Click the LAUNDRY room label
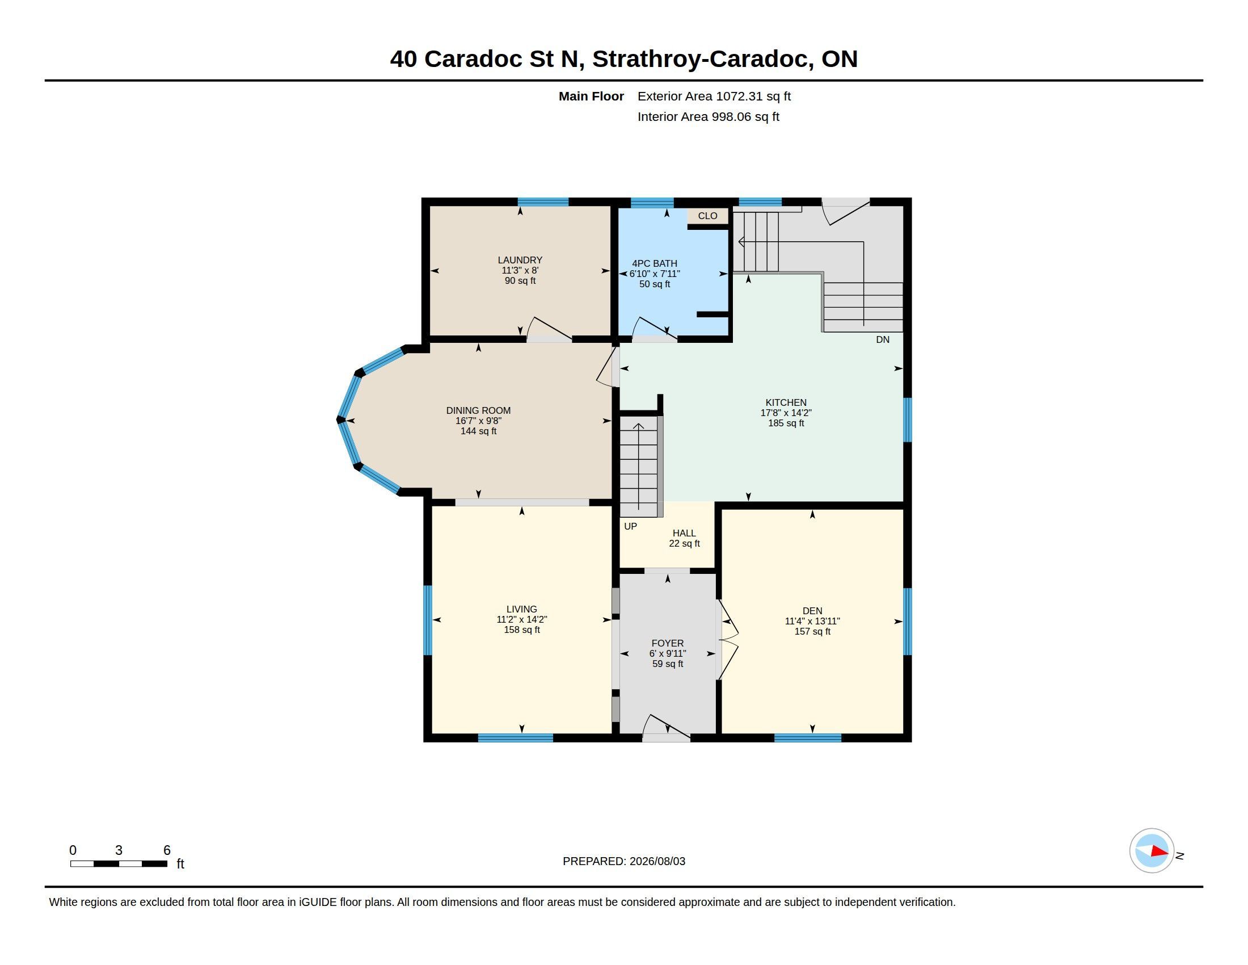pyautogui.click(x=520, y=260)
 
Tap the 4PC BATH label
pyautogui.click(x=654, y=263)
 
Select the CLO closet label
pyautogui.click(x=707, y=216)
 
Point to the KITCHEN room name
pyautogui.click(x=786, y=402)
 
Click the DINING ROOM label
pyautogui.click(x=478, y=410)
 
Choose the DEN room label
pyautogui.click(x=812, y=611)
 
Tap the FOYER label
pyautogui.click(x=668, y=643)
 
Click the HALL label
pyautogui.click(x=684, y=534)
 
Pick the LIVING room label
pyautogui.click(x=522, y=610)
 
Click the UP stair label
pyautogui.click(x=630, y=527)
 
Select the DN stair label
pyautogui.click(x=883, y=339)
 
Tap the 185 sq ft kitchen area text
pyautogui.click(x=786, y=423)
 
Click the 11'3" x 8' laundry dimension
pyautogui.click(x=520, y=270)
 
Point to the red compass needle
pyautogui.click(x=1160, y=851)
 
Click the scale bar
pyautogui.click(x=119, y=864)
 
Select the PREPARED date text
pyautogui.click(x=624, y=861)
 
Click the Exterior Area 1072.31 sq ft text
pyautogui.click(x=714, y=96)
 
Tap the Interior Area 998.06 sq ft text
pyautogui.click(x=708, y=116)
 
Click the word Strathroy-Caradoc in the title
pyautogui.click(x=702, y=59)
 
